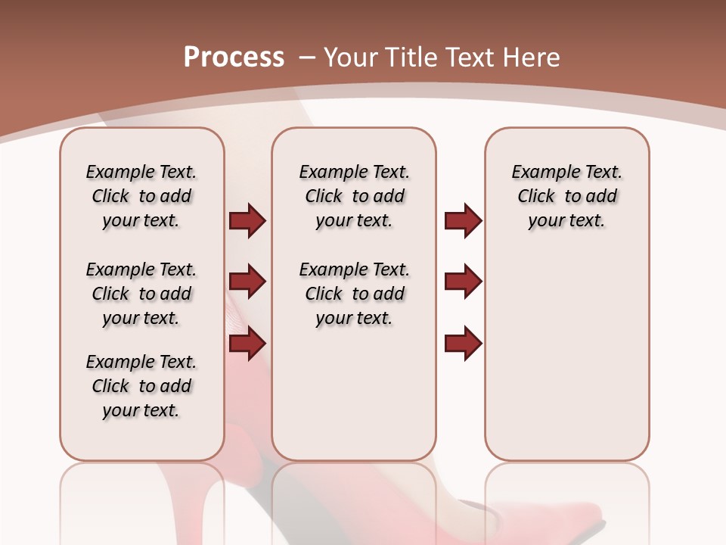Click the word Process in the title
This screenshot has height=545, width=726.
[x=234, y=58]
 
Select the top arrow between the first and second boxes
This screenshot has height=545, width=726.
[x=247, y=220]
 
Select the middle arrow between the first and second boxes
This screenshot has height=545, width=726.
[x=247, y=282]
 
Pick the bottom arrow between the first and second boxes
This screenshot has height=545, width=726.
[x=247, y=344]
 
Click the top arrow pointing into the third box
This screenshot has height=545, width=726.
[x=463, y=220]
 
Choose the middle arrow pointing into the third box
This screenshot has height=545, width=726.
[x=463, y=282]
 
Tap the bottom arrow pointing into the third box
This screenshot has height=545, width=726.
[x=463, y=344]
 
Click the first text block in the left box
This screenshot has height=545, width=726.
[x=141, y=196]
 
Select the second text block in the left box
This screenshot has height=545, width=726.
[x=141, y=294]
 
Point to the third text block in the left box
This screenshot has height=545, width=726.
[x=141, y=386]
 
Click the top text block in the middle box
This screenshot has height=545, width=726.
[x=354, y=196]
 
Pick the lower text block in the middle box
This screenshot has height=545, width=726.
[x=354, y=294]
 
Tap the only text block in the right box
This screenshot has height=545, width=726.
[x=566, y=196]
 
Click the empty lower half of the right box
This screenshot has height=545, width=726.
[x=566, y=363]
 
